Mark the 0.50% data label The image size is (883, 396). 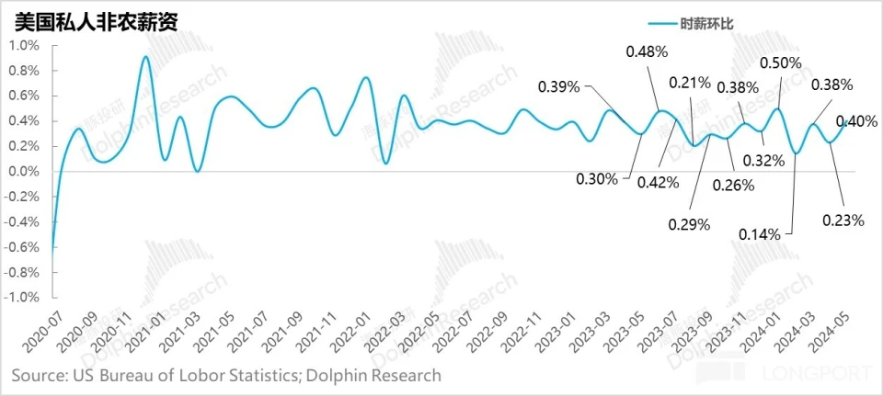pos(781,63)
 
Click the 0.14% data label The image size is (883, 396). pos(760,234)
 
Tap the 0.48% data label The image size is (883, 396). pos(647,52)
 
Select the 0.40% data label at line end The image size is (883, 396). pos(856,121)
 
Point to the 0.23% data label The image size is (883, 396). pos(843,220)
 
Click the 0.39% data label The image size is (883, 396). pos(559,87)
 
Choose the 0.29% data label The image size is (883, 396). pos(690,225)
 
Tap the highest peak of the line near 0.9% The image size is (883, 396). pos(146,57)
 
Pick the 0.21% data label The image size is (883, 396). pos(690,83)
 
